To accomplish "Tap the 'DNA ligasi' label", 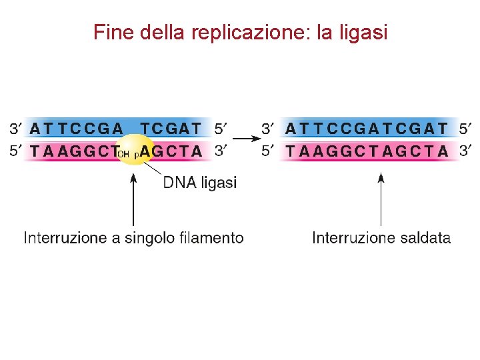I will (200, 183).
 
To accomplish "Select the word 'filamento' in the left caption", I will (212, 238).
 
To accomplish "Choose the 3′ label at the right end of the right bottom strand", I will (467, 151).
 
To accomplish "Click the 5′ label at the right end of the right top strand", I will (467, 127).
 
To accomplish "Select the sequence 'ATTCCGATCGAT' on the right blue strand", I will (367, 127).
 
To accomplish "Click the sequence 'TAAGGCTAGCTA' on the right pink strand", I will (367, 151).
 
